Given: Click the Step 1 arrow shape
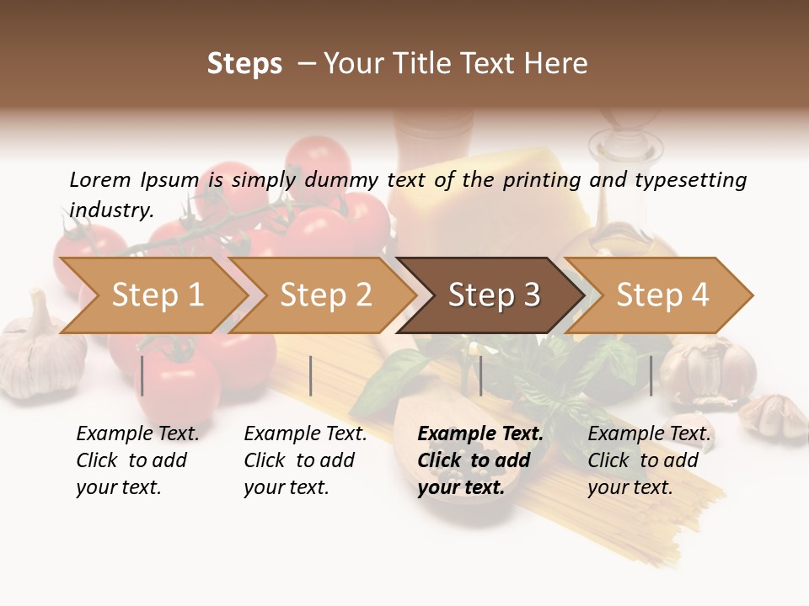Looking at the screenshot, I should [x=157, y=295].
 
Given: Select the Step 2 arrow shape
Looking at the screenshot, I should [x=325, y=295].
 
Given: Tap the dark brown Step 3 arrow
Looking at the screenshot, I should [x=494, y=295].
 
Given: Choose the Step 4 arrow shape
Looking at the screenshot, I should [x=662, y=295].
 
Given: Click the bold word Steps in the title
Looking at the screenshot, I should [x=244, y=64].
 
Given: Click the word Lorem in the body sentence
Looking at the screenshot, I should [x=100, y=180].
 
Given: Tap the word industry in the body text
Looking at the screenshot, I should [x=111, y=210].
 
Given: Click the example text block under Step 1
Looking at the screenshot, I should [x=137, y=460].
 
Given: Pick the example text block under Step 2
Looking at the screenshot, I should [x=305, y=460].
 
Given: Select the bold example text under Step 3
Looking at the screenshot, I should [x=480, y=460].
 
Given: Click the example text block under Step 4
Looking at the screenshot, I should [x=649, y=460].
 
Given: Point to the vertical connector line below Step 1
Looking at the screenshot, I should [x=142, y=375].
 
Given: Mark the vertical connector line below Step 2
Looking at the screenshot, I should [x=311, y=375].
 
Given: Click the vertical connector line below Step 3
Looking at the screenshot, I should [x=481, y=375].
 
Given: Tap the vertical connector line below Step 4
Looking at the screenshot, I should [x=651, y=375].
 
